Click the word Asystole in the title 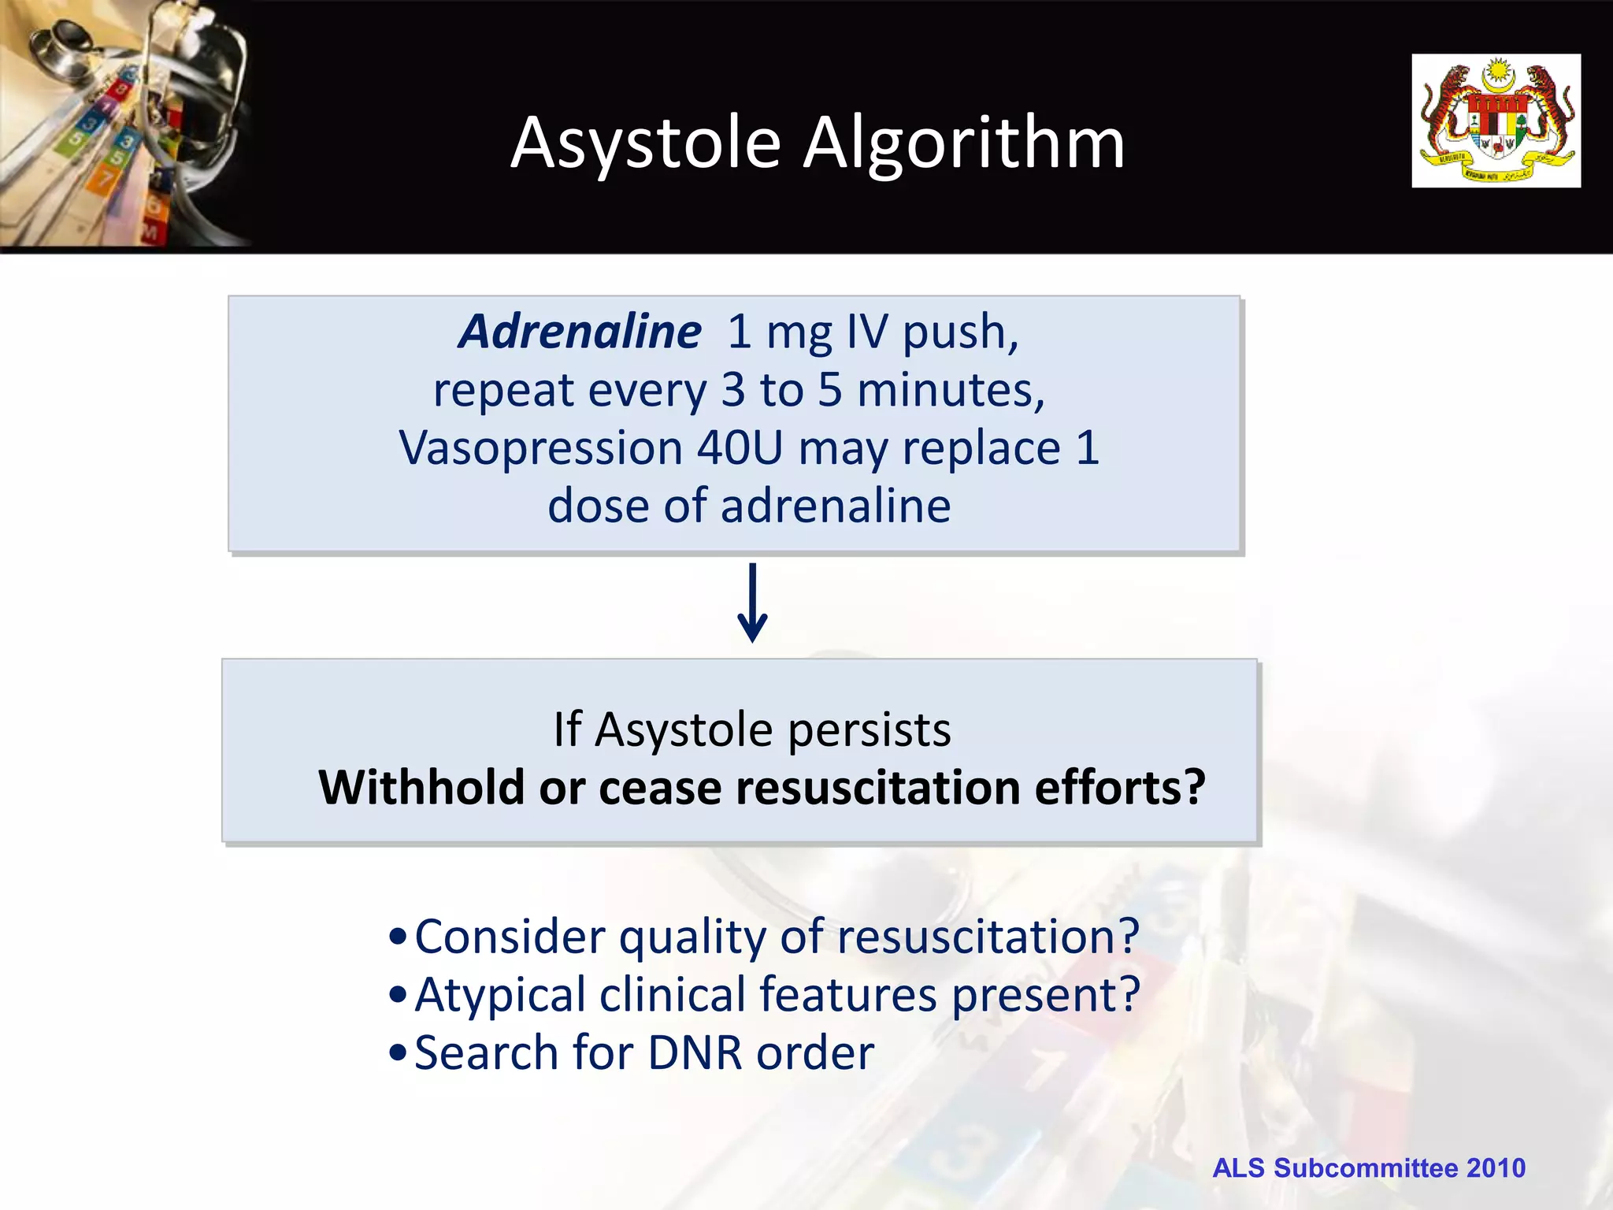click(x=646, y=143)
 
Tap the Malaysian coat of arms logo click(x=1495, y=121)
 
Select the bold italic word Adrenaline click(x=580, y=332)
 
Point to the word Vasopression click(x=540, y=447)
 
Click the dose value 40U click(x=740, y=447)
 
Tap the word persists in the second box click(x=870, y=729)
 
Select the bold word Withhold click(x=421, y=788)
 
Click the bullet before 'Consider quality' click(x=399, y=938)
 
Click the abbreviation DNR click(x=695, y=1053)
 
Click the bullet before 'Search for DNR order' click(x=399, y=1053)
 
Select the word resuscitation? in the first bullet click(x=988, y=937)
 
